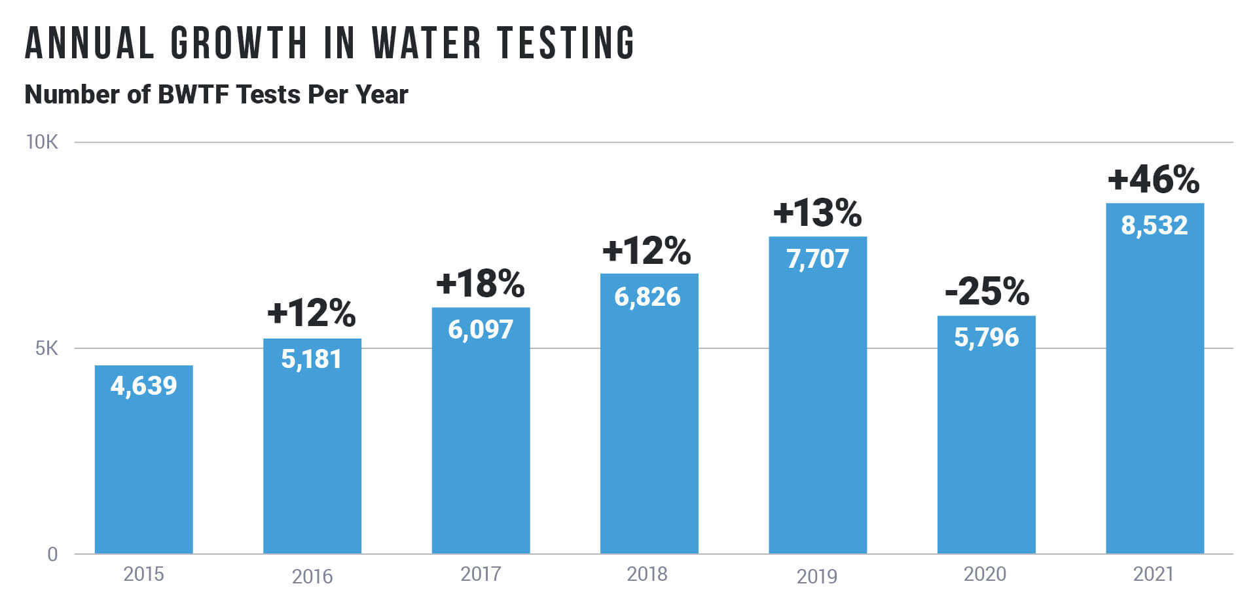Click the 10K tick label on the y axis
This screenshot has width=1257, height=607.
[42, 142]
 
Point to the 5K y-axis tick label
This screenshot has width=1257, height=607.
[46, 348]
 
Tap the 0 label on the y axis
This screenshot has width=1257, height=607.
[52, 555]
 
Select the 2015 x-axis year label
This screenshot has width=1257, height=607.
[143, 574]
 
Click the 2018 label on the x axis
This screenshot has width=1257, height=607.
[647, 574]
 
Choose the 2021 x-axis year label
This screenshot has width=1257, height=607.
[1153, 574]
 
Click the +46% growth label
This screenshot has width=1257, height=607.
[1154, 179]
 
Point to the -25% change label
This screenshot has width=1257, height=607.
[987, 292]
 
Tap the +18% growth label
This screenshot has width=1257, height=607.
[480, 284]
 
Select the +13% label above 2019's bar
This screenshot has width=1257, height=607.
[817, 213]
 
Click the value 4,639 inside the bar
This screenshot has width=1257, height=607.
[143, 386]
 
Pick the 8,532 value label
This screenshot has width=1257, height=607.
[1154, 226]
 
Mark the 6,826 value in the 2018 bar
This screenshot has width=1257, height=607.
[647, 297]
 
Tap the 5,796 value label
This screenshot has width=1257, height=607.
[986, 338]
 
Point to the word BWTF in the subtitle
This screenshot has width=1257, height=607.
[193, 95]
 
